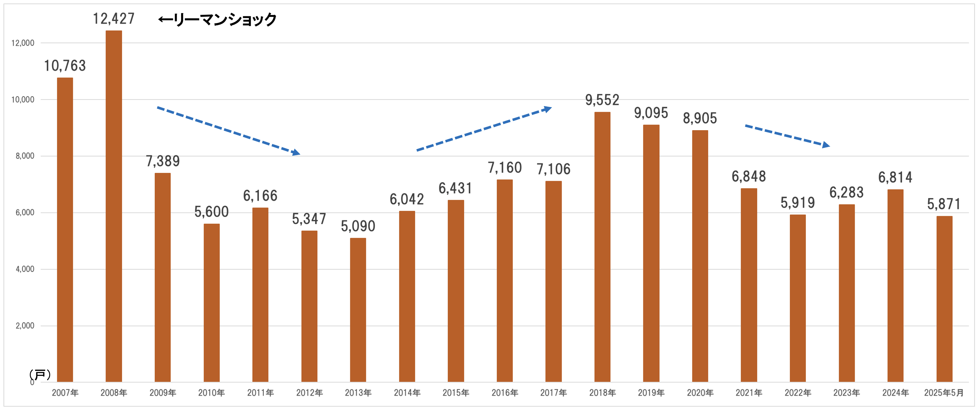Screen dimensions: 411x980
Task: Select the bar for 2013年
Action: pos(358,310)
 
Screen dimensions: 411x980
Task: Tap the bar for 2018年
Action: pos(602,247)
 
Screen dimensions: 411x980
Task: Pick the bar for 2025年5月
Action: pos(944,299)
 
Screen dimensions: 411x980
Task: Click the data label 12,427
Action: pos(114,19)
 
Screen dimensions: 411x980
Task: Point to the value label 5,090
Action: pos(358,226)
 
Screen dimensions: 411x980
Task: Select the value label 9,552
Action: pos(602,100)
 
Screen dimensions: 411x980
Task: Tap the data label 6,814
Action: pos(895,177)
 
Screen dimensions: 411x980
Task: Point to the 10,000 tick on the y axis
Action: pos(23,100)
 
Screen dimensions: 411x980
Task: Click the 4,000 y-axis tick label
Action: pos(25,269)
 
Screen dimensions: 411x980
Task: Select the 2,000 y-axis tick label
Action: pos(25,326)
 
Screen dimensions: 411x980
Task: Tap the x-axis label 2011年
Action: pos(260,393)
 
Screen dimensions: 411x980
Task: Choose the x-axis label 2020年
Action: pos(700,393)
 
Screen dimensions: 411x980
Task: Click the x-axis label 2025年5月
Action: pos(944,393)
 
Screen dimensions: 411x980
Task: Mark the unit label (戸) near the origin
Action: pos(40,375)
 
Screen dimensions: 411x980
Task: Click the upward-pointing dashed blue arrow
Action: pos(484,129)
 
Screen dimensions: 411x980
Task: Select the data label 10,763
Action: pos(65,66)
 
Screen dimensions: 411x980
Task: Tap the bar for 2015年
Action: pos(456,291)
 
